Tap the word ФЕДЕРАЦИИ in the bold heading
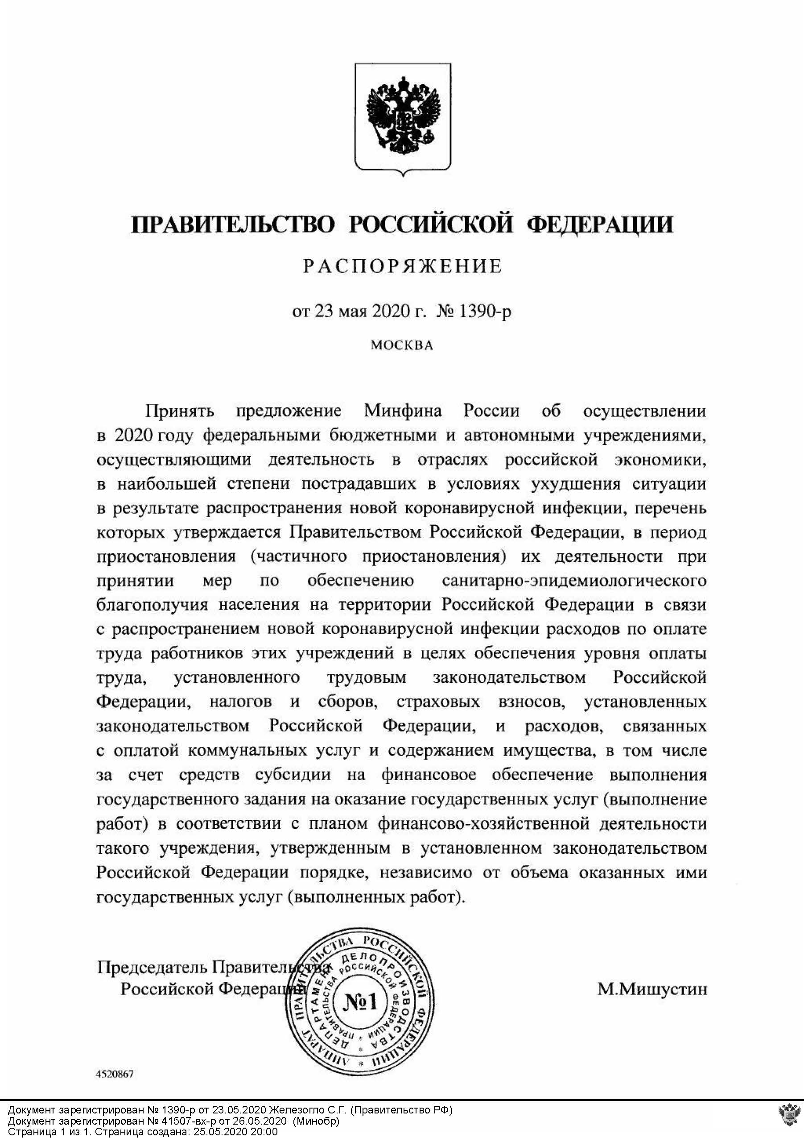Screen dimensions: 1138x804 point(599,224)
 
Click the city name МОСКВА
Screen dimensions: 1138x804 point(402,345)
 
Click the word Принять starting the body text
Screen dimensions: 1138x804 point(179,411)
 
